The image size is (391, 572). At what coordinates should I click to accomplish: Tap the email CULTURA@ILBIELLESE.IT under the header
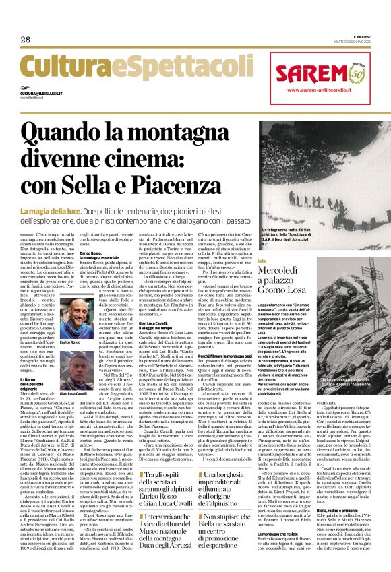tap(40, 92)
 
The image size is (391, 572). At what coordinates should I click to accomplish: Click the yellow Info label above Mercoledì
tap(262, 260)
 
